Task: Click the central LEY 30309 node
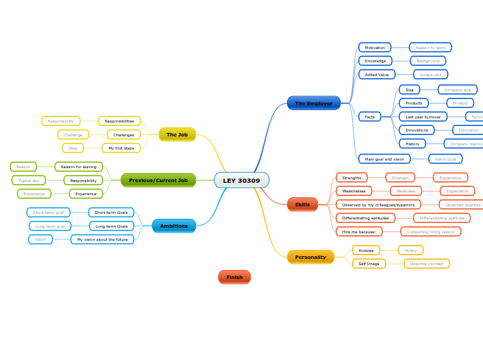pyautogui.click(x=241, y=181)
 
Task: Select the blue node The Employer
pyautogui.click(x=313, y=103)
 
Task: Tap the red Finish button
pyautogui.click(x=234, y=277)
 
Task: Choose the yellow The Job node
pyautogui.click(x=177, y=134)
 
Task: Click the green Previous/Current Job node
pyautogui.click(x=158, y=180)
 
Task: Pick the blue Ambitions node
pyautogui.click(x=174, y=226)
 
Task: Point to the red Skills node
pyautogui.click(x=302, y=204)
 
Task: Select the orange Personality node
pyautogui.click(x=310, y=257)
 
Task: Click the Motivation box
pyautogui.click(x=375, y=47)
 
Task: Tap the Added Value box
pyautogui.click(x=377, y=74)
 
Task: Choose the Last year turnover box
pyautogui.click(x=423, y=116)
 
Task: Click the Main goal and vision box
pyautogui.click(x=384, y=159)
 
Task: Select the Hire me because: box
pyautogui.click(x=359, y=231)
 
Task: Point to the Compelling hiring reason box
pyautogui.click(x=430, y=231)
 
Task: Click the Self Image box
pyautogui.click(x=369, y=263)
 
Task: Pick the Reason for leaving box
pyautogui.click(x=78, y=166)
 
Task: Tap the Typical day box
pyautogui.click(x=28, y=180)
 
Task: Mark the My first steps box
pyautogui.click(x=121, y=147)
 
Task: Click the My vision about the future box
pyautogui.click(x=102, y=239)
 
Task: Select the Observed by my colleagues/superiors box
pyautogui.click(x=378, y=204)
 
